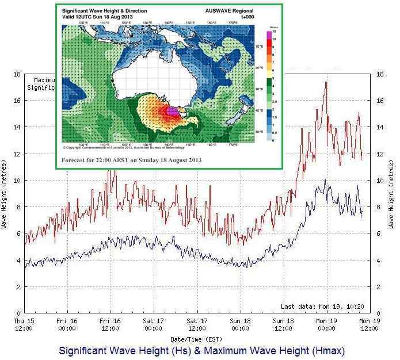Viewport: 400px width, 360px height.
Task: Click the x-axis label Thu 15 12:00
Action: tap(24, 325)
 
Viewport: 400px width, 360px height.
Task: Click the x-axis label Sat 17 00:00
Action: tap(154, 325)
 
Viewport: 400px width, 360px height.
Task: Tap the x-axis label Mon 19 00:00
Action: tap(326, 325)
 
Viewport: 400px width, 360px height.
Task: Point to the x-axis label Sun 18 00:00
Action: tap(240, 325)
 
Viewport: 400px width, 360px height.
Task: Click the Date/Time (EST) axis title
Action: tap(197, 339)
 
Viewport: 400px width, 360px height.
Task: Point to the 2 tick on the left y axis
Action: tap(18, 286)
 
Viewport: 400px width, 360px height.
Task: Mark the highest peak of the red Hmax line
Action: tap(326, 82)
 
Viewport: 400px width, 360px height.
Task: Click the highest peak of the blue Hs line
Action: tap(325, 180)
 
